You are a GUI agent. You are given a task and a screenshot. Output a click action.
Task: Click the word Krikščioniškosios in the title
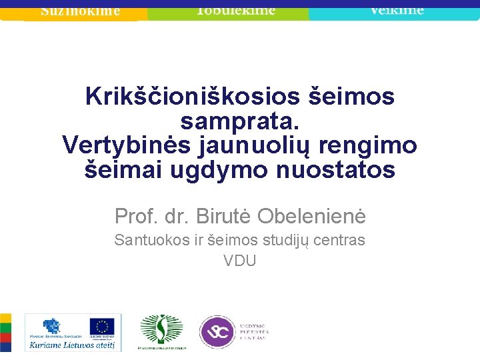point(192,97)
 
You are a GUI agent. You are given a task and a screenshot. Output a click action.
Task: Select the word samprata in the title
point(239,122)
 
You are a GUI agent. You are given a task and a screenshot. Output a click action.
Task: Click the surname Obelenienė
point(311,216)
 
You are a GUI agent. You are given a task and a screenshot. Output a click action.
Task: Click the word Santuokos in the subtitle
point(151,240)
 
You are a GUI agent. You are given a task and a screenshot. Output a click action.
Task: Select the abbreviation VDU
point(240,261)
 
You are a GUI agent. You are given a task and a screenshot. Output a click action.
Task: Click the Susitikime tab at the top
point(80,11)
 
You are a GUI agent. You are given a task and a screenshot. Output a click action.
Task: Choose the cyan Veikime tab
point(397,11)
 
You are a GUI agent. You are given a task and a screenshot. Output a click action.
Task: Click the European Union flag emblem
point(102,327)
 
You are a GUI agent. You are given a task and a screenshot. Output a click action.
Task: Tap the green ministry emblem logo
point(161,329)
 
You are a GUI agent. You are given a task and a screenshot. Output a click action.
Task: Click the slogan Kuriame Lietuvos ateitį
point(72,345)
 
